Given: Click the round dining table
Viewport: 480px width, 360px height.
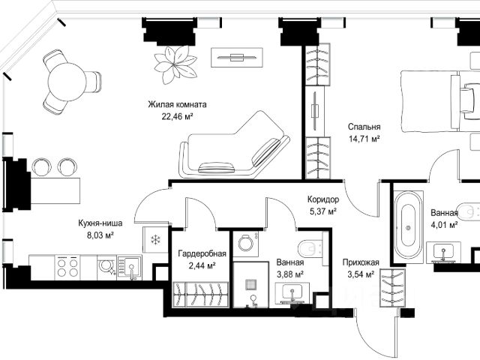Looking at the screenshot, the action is (67, 82).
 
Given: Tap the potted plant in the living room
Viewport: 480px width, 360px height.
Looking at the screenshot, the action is (175, 64).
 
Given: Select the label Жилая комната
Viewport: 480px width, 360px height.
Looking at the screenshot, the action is (177, 104).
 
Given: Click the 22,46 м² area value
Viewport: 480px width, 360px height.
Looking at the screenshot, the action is (177, 116).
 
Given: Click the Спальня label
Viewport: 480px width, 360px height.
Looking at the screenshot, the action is (364, 127).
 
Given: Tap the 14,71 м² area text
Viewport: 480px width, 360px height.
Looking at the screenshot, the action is (364, 139).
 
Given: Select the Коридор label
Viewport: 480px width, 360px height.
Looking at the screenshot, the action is (323, 199).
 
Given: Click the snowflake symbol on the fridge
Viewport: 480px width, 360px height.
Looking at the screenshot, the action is (156, 239).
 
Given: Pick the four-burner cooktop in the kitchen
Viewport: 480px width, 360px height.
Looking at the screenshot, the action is (67, 268).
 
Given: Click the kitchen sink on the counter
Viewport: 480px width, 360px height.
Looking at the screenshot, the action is (130, 268).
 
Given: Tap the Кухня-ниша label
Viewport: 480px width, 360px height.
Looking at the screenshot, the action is (100, 223).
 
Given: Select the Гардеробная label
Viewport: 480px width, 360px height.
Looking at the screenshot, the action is (202, 253).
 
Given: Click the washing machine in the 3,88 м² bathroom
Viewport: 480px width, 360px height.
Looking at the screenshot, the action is (245, 244).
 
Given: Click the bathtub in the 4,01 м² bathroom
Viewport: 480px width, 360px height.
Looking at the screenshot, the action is (408, 227).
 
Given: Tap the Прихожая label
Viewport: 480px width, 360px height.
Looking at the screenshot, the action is (361, 262).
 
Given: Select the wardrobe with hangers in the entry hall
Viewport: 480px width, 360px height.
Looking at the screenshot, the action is (392, 288).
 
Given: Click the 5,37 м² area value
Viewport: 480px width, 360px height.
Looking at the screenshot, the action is (323, 211).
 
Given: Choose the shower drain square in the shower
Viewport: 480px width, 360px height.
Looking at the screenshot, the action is (250, 285).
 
